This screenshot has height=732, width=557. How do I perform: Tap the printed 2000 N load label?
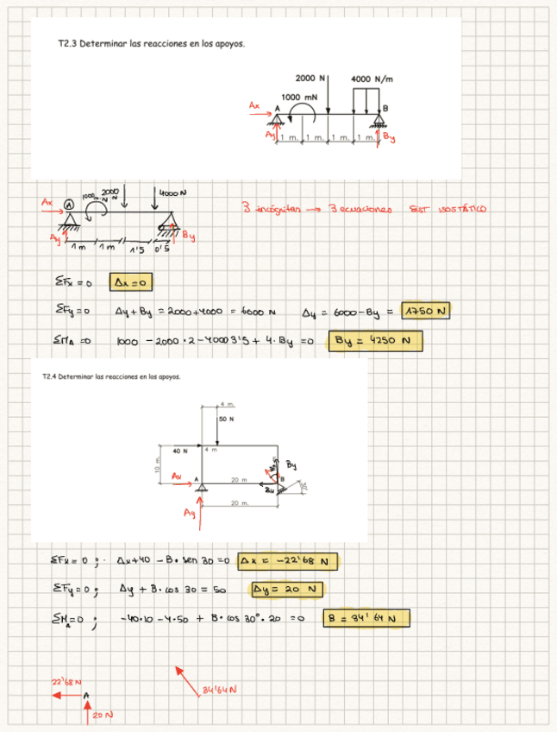click(x=310, y=78)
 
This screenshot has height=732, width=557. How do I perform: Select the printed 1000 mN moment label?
click(x=297, y=97)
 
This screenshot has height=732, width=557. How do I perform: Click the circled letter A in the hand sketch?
click(x=69, y=205)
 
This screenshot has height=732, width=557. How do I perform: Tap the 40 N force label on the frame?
click(x=179, y=451)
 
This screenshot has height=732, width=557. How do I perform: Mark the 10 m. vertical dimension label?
click(x=157, y=464)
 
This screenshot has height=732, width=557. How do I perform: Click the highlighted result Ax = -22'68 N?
click(x=289, y=561)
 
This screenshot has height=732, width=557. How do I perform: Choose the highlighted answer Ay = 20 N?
click(x=285, y=590)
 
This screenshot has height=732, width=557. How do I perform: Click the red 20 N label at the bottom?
click(x=103, y=715)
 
